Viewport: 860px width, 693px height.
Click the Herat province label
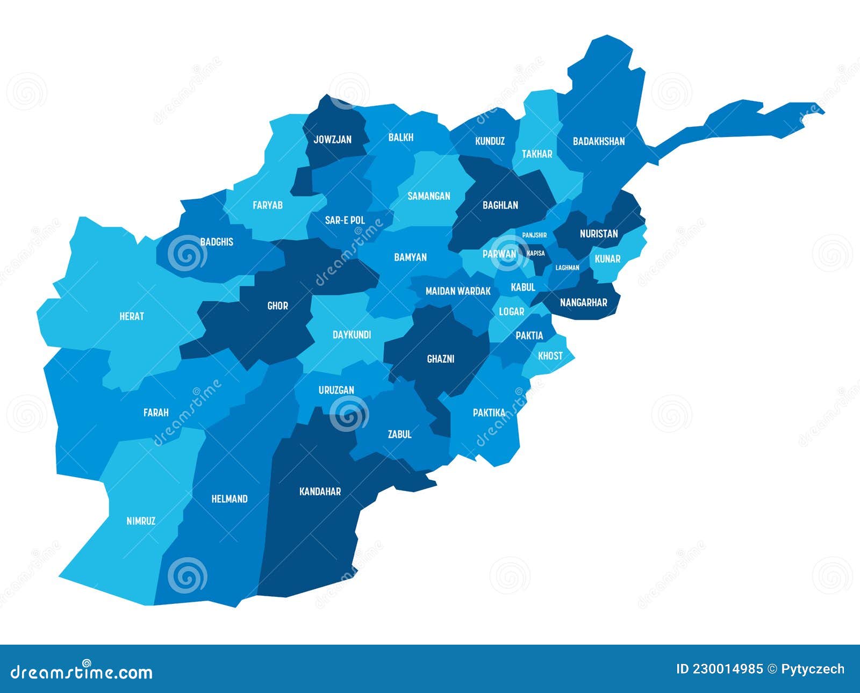(x=132, y=316)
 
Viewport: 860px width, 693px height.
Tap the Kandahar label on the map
(x=320, y=492)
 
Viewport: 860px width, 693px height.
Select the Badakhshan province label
(x=599, y=141)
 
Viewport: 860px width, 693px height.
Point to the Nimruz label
(x=141, y=521)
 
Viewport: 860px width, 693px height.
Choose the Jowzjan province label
(x=332, y=140)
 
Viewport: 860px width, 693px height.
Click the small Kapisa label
(x=536, y=253)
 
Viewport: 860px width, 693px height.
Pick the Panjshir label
(x=535, y=235)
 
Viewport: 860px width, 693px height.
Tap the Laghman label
(x=568, y=268)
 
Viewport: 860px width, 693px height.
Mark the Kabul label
(x=523, y=287)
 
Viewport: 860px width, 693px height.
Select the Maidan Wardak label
(x=458, y=291)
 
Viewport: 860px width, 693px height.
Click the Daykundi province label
(x=352, y=335)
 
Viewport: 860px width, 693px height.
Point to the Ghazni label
(x=441, y=359)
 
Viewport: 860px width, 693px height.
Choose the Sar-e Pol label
(x=345, y=220)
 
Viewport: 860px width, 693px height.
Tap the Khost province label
(x=550, y=356)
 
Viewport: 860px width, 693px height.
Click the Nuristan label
(x=599, y=234)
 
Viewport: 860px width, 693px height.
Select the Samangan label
(x=428, y=196)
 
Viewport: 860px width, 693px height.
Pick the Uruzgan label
(x=336, y=390)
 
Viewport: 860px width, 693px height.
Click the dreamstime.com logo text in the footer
(x=82, y=672)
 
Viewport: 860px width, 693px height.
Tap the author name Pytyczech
(x=813, y=669)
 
